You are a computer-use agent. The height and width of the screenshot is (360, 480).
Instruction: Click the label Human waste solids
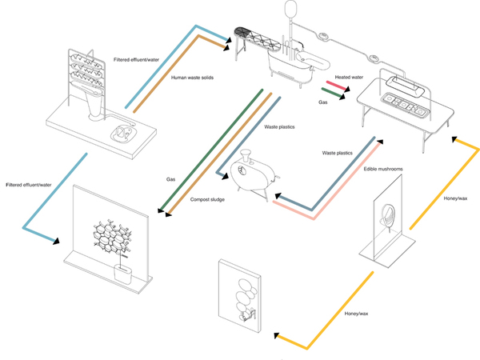coord(192,78)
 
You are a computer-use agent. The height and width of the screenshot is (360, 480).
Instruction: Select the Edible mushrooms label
coord(381,169)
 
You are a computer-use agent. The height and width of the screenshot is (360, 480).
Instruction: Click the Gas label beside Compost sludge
coord(170,180)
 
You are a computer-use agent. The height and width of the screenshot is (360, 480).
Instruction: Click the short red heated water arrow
coord(333,87)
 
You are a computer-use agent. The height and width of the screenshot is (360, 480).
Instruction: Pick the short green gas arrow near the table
coord(334,95)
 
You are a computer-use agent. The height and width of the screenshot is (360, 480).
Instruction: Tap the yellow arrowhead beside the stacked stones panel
coord(276,337)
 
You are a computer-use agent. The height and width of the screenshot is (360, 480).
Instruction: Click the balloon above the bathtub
coord(290,9)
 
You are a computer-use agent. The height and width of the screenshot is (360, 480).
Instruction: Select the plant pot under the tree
coord(122,274)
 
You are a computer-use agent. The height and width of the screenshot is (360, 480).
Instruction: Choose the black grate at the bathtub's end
coord(242,34)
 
